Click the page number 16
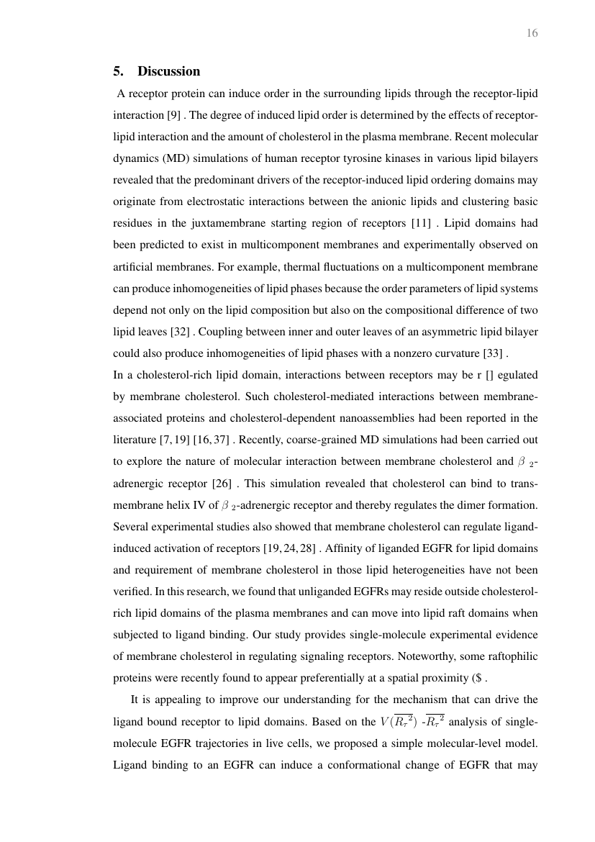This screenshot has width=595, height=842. point(532,33)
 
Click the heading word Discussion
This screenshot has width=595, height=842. point(168,71)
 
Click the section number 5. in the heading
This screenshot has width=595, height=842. point(119,71)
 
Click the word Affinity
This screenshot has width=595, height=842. point(347,548)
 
